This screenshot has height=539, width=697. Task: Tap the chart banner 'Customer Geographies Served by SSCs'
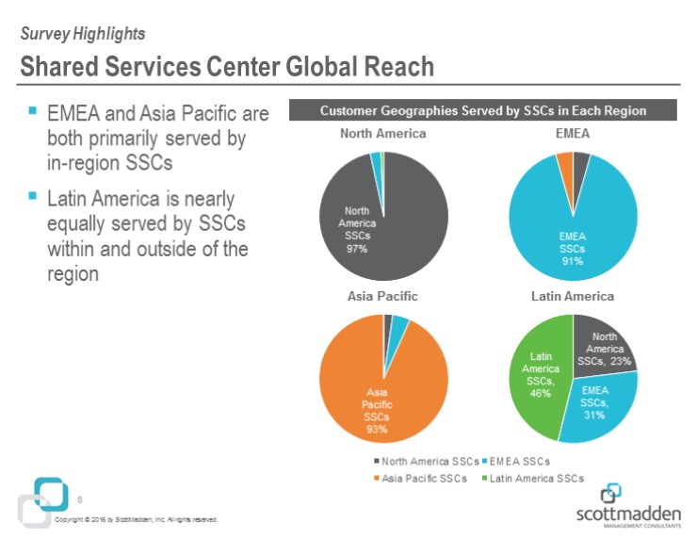(482, 111)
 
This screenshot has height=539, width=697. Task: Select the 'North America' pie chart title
(382, 134)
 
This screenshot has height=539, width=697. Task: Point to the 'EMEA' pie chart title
(572, 134)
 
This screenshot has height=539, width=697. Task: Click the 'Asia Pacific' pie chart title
(382, 296)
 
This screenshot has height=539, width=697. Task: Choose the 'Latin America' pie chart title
(572, 296)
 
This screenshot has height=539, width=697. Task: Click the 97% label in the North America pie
(358, 249)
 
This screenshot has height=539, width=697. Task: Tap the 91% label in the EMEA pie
(572, 261)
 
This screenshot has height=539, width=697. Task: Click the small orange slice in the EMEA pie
(565, 164)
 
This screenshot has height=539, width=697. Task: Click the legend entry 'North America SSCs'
(425, 461)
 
